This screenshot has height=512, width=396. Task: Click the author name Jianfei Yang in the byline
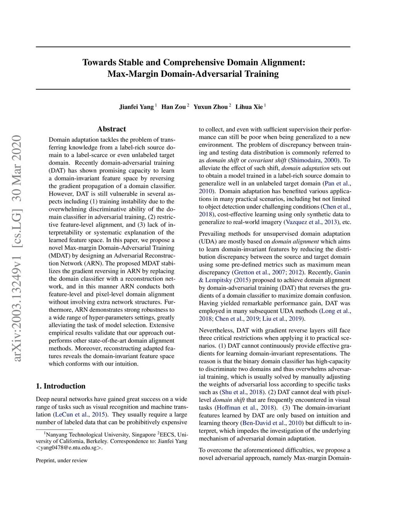(x=136, y=107)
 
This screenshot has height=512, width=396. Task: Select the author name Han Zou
(x=173, y=107)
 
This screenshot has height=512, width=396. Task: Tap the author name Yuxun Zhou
(x=210, y=107)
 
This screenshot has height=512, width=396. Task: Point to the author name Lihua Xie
(x=249, y=107)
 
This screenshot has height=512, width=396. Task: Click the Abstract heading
(x=111, y=129)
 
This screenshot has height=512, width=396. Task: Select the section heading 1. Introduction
(x=61, y=386)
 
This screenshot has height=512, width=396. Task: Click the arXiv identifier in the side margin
(x=17, y=248)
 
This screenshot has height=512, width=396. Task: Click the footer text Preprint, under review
(x=62, y=460)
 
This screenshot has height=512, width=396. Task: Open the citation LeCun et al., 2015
(x=80, y=415)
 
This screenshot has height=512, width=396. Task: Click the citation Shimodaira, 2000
(x=314, y=160)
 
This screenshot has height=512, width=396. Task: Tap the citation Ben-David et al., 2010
(x=272, y=423)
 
